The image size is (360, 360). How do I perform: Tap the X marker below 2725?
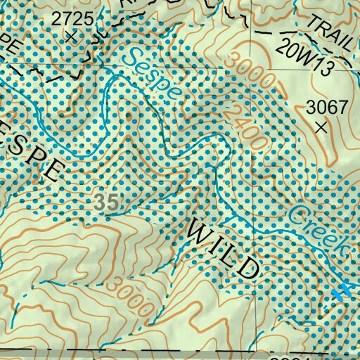coord(70,37)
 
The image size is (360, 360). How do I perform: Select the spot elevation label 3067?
coord(327,108)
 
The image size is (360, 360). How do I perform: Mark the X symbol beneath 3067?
coord(322,127)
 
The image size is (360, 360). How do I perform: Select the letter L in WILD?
coord(232,254)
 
